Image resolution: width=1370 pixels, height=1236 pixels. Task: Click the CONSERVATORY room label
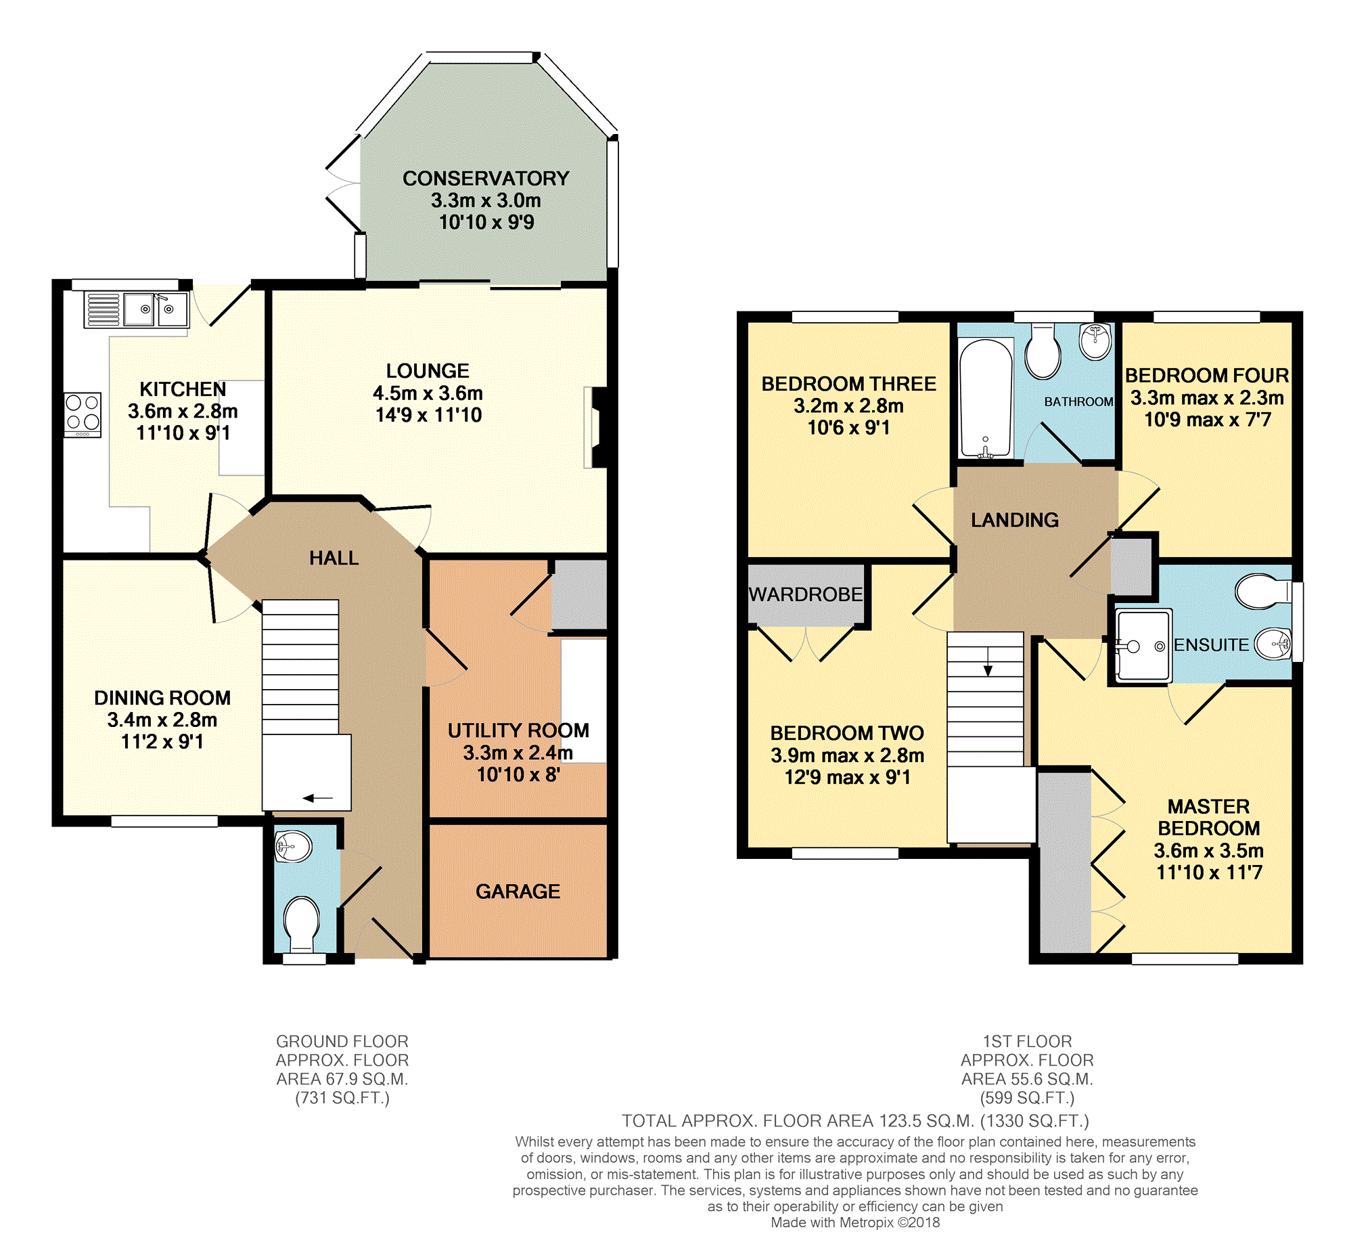[x=485, y=178]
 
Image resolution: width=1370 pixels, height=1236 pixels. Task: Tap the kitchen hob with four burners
[x=83, y=414]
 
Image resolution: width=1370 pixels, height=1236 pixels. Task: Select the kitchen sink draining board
[x=104, y=310]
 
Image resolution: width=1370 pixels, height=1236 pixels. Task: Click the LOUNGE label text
[x=428, y=371]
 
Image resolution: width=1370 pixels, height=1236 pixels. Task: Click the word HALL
[x=334, y=558]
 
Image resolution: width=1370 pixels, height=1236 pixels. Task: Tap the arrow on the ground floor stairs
[x=318, y=798]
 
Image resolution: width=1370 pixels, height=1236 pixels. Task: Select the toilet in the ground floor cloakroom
[x=302, y=923]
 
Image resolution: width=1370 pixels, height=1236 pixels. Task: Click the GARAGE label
[x=518, y=891]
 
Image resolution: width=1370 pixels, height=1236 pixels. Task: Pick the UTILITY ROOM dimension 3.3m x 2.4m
[x=518, y=753]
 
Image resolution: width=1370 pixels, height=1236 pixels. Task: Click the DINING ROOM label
[x=162, y=697]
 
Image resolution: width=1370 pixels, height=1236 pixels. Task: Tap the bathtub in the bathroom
[x=985, y=399]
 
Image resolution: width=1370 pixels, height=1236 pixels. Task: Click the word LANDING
[x=1014, y=520]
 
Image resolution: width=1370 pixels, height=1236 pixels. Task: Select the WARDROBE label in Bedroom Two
[x=805, y=594]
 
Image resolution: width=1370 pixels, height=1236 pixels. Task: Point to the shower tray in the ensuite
[x=1143, y=645]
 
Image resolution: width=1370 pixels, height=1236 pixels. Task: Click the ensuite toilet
[x=1263, y=591]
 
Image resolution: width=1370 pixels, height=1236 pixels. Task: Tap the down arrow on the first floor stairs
[x=988, y=661]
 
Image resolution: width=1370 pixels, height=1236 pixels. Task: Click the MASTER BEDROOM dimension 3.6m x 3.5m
[x=1208, y=850]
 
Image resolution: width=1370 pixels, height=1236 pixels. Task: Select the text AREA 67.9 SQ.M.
[x=342, y=1078]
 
